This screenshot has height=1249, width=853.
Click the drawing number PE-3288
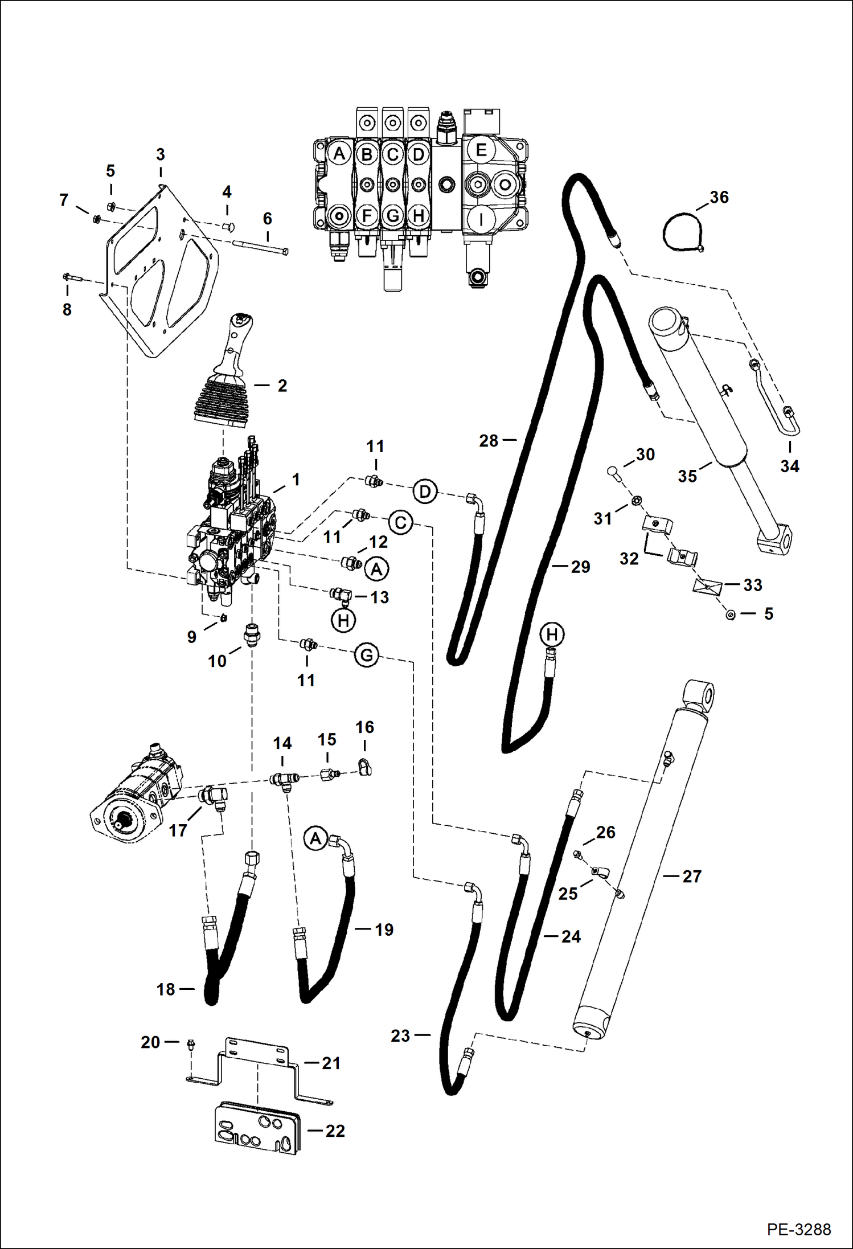click(x=798, y=1230)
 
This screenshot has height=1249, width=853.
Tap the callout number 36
click(x=719, y=197)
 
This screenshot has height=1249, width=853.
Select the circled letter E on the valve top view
click(x=481, y=150)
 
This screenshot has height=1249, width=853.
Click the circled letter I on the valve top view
click(x=481, y=219)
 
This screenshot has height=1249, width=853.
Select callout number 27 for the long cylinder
click(x=692, y=877)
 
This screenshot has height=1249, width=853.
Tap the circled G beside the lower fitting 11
click(x=367, y=655)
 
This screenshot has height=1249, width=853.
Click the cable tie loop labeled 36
click(x=682, y=233)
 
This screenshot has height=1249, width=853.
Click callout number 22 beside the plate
click(x=335, y=1131)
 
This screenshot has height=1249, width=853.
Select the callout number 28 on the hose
click(x=489, y=440)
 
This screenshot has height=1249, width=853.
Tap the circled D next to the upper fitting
click(x=425, y=492)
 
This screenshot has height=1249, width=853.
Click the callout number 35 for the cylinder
click(x=687, y=476)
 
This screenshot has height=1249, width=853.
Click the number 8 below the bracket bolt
click(x=67, y=309)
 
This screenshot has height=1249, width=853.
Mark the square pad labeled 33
click(x=707, y=586)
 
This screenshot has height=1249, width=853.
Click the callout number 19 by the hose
click(x=384, y=930)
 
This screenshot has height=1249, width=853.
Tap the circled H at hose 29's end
click(x=552, y=634)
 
